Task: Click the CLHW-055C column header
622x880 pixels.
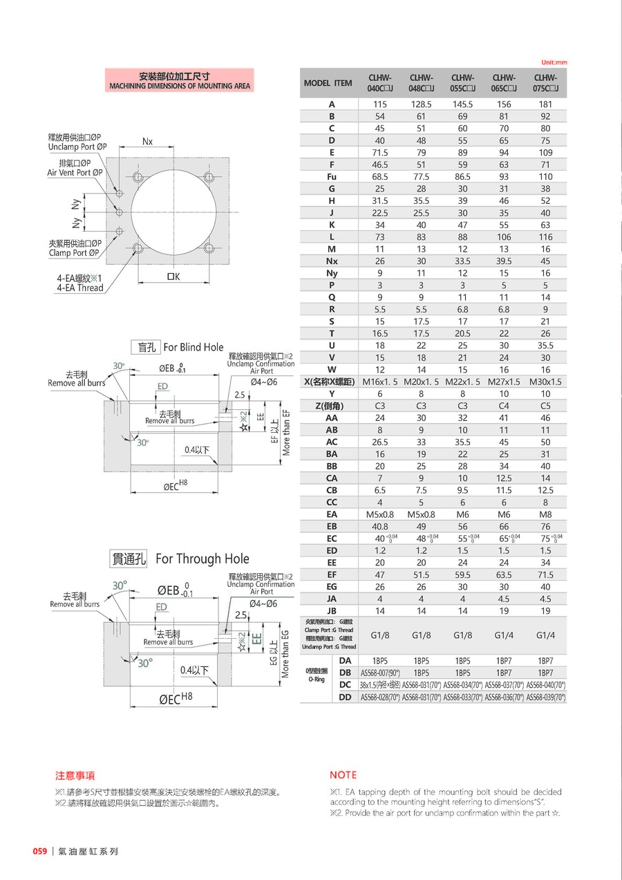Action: click(x=462, y=83)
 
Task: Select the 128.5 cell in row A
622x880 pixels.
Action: click(x=421, y=104)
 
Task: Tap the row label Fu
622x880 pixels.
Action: click(x=332, y=177)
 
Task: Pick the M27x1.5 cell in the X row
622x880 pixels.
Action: click(x=504, y=382)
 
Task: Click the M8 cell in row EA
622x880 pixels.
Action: click(x=545, y=514)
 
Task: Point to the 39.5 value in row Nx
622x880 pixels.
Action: click(x=504, y=261)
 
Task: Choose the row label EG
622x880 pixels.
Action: click(x=332, y=587)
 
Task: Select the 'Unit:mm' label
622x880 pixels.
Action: click(x=554, y=62)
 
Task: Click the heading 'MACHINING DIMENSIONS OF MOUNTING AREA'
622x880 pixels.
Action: click(x=179, y=86)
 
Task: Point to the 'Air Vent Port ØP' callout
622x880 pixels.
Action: click(x=75, y=173)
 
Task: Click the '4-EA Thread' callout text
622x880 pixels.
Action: click(x=79, y=288)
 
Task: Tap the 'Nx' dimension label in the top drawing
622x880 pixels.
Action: click(x=148, y=142)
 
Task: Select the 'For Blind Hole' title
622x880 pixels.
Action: click(x=193, y=348)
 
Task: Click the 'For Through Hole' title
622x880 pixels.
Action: click(x=202, y=559)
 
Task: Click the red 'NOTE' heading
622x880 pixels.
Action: click(x=343, y=775)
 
